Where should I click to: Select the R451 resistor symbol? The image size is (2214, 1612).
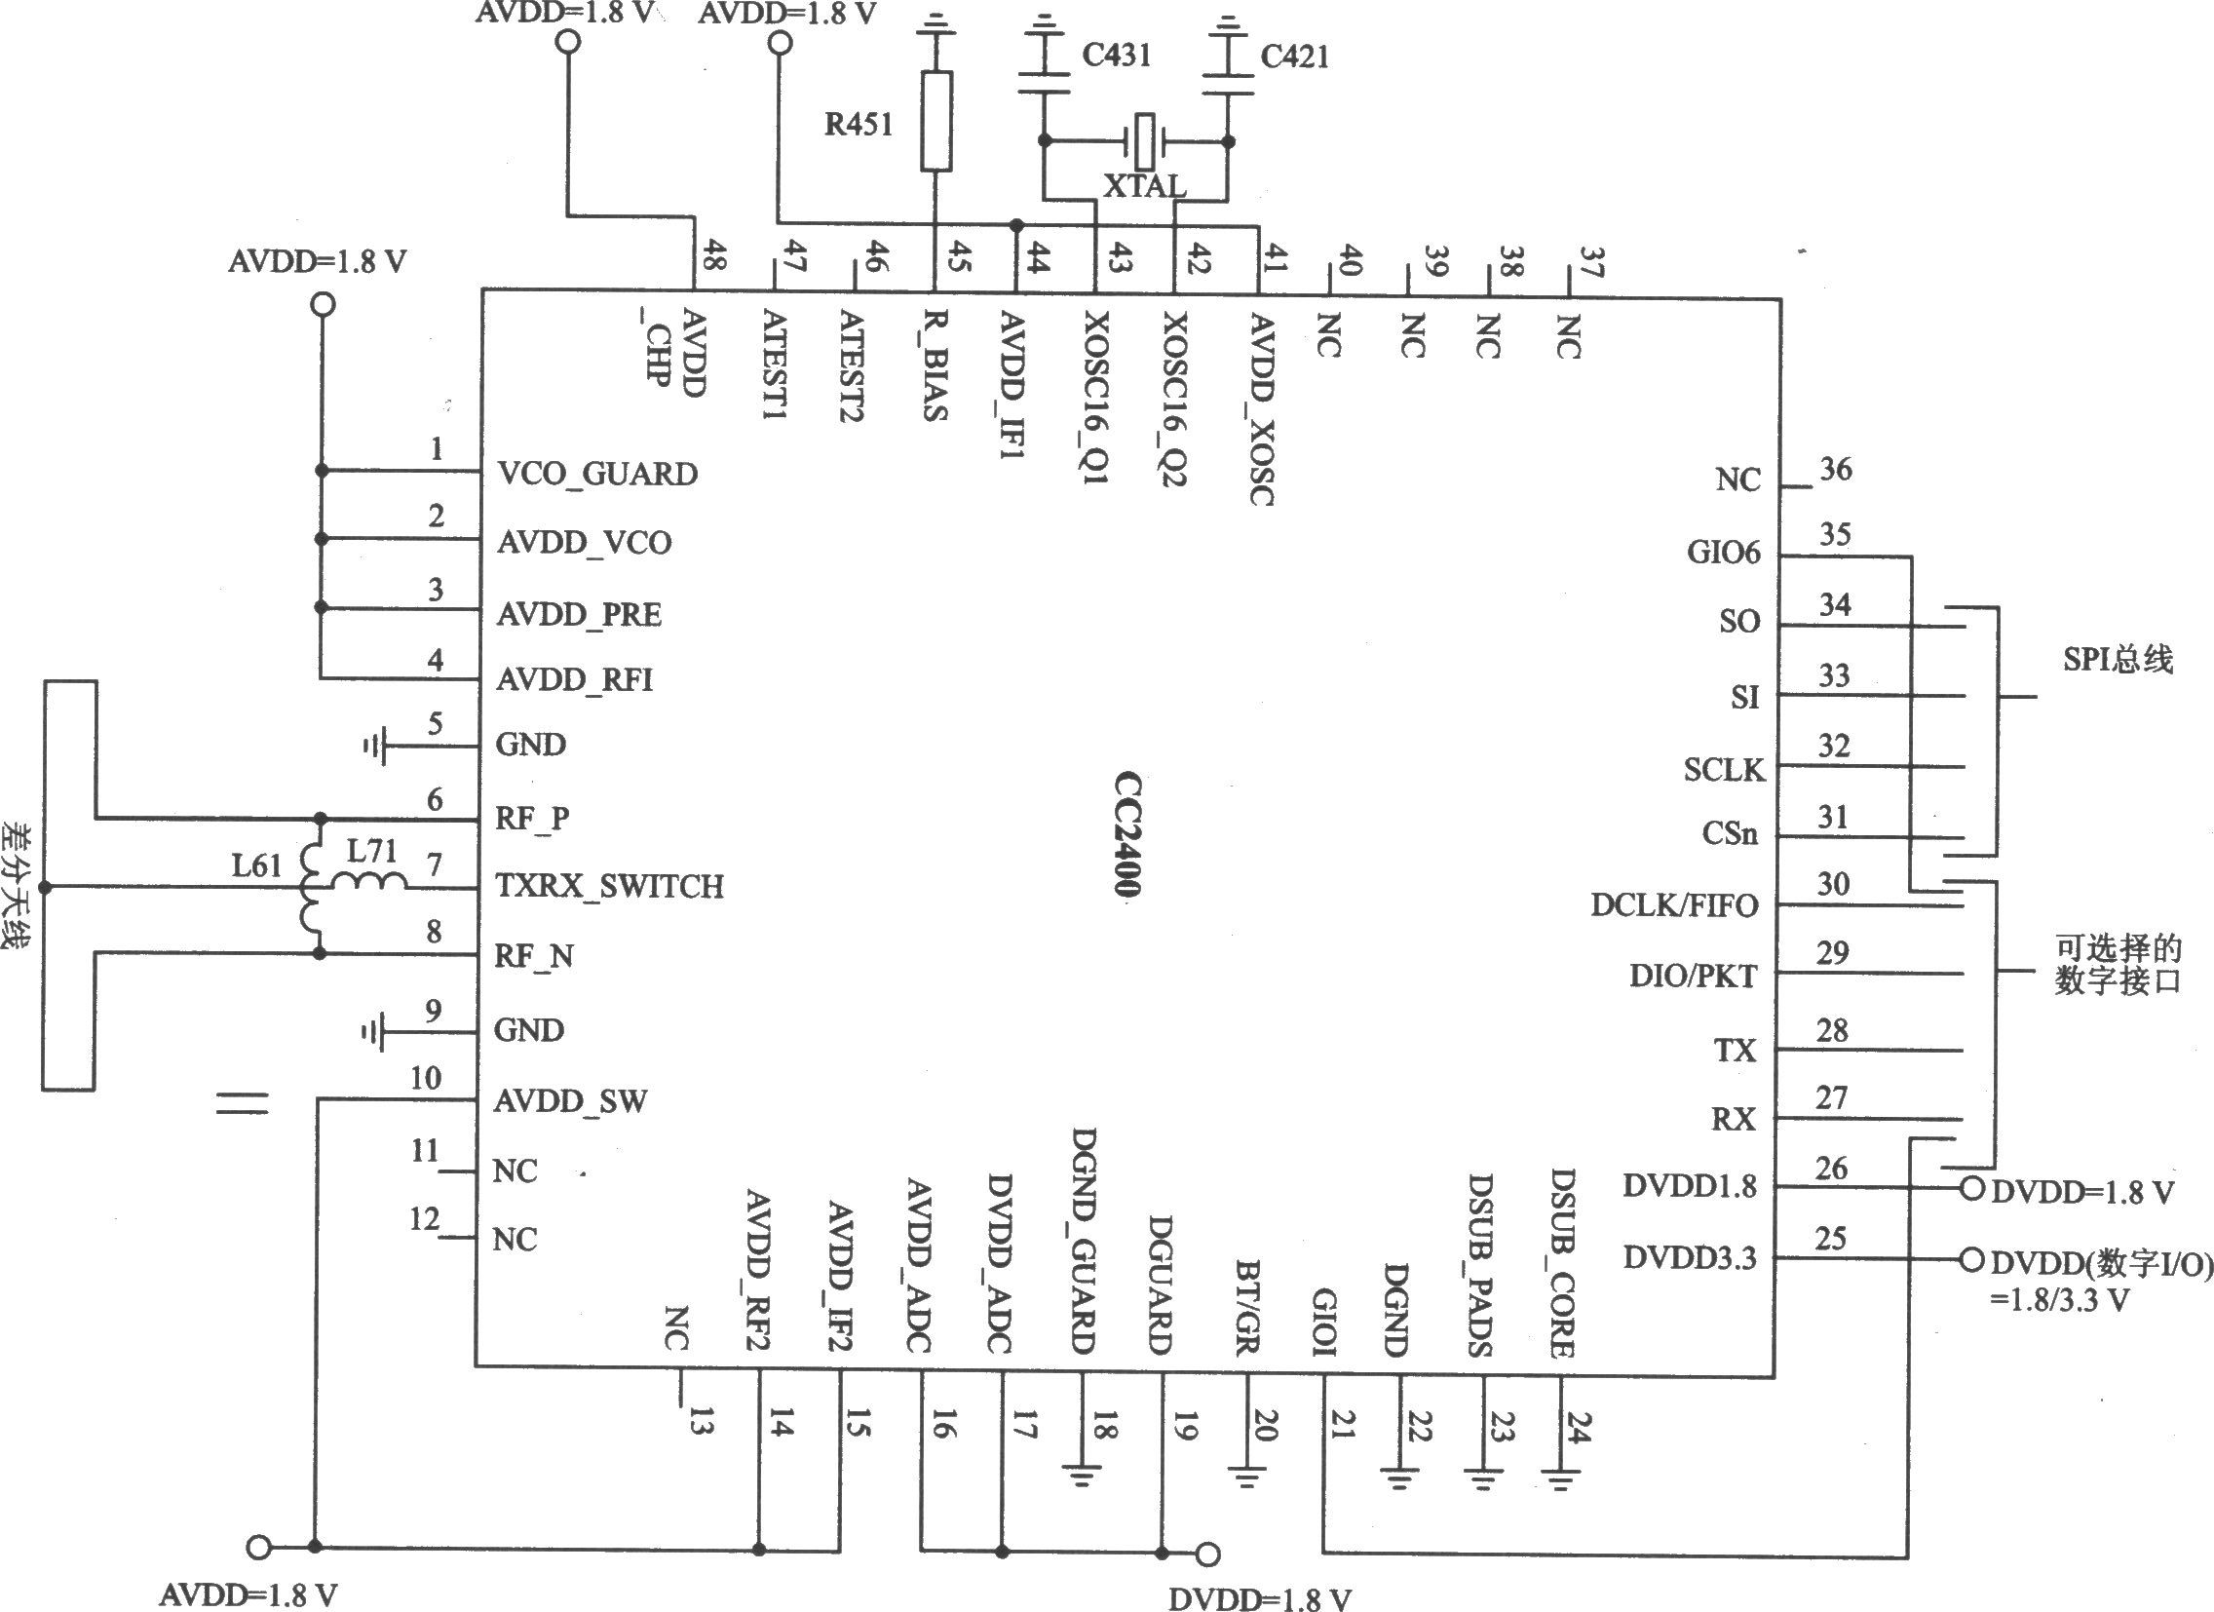936,120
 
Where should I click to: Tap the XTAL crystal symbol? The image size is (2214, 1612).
1144,140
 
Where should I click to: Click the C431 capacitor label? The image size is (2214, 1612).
1116,56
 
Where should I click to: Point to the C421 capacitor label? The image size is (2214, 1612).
1294,57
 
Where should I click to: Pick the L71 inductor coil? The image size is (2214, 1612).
369,881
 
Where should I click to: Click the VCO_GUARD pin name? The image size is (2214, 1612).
597,475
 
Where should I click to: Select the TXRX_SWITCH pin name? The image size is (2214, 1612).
610,887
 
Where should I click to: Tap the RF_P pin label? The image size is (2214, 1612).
532,819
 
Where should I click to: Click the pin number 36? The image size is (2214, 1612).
1835,470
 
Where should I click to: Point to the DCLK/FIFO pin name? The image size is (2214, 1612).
1674,905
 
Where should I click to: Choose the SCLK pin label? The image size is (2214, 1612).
1724,770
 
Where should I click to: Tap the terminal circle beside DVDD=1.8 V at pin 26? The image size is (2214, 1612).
1972,1188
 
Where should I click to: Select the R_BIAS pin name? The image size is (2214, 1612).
935,365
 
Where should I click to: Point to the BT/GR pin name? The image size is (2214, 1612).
1246,1307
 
